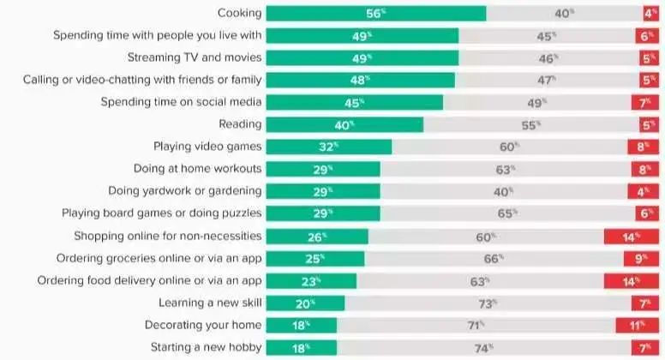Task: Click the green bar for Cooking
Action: click(375, 13)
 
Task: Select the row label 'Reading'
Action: click(240, 124)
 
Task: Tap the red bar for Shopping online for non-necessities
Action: click(632, 236)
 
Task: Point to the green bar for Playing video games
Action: click(328, 147)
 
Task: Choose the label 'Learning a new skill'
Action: click(210, 303)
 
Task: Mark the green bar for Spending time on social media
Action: click(354, 102)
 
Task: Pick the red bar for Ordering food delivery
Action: click(632, 280)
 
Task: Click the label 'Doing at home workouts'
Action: click(197, 169)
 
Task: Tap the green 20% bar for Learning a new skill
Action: click(305, 303)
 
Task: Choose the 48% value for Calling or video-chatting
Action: click(361, 80)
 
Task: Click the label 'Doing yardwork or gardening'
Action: click(184, 191)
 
